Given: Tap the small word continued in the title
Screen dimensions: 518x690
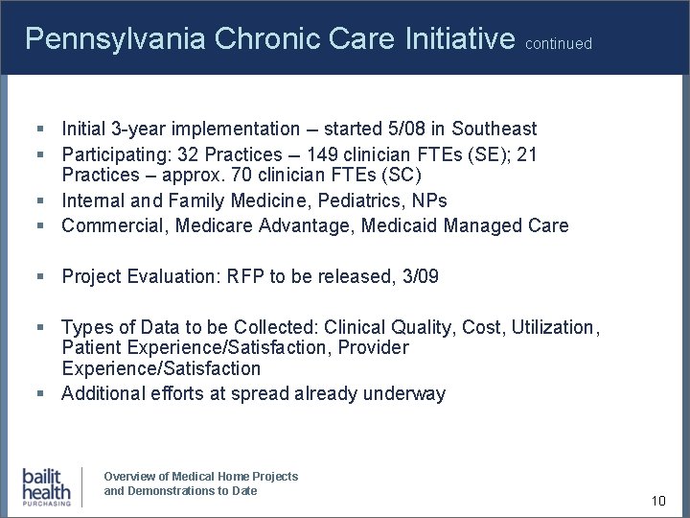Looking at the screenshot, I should point(560,44).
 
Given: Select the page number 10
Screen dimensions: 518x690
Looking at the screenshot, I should point(657,501).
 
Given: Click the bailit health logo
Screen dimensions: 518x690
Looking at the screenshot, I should point(47,486).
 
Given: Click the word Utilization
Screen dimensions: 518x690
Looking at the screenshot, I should point(554,327).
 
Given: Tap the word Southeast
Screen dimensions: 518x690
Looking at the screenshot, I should point(494,129).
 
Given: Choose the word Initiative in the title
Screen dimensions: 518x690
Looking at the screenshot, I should point(461,39).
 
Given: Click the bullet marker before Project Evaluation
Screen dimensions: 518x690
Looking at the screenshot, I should point(41,277).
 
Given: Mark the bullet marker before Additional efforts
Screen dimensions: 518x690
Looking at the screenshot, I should point(41,393).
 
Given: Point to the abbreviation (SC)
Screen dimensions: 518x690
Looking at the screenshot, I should point(402,177).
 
